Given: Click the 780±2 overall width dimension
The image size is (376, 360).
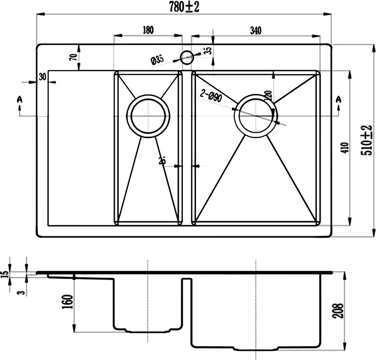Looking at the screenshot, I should click(x=184, y=7).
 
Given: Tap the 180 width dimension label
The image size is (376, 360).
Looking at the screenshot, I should click(x=147, y=30).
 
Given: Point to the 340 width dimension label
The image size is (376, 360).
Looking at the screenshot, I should click(x=255, y=30).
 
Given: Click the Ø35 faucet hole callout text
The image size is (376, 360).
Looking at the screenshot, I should click(x=157, y=61).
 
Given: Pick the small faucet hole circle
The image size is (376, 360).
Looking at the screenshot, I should click(x=186, y=57).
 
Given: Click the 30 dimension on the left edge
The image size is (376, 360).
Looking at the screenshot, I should click(x=42, y=76).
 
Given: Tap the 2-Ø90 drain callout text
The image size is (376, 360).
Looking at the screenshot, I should click(x=211, y=96).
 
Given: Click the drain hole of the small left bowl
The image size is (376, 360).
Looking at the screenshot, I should click(x=148, y=116).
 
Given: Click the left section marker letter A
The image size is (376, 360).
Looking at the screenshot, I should click(x=19, y=100).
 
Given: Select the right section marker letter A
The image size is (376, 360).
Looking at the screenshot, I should click(x=339, y=100).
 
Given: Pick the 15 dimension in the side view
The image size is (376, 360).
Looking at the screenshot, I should click(x=5, y=274).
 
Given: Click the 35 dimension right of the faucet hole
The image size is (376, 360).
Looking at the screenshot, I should click(x=208, y=51).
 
